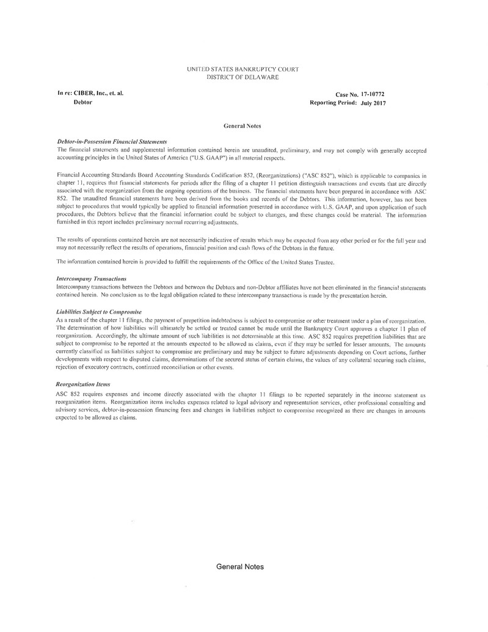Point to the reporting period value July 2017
click(x=373, y=103)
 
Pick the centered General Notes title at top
click(x=242, y=126)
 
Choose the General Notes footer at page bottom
click(x=240, y=567)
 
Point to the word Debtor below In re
click(x=83, y=102)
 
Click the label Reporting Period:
click(x=333, y=103)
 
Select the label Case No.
click(x=347, y=95)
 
